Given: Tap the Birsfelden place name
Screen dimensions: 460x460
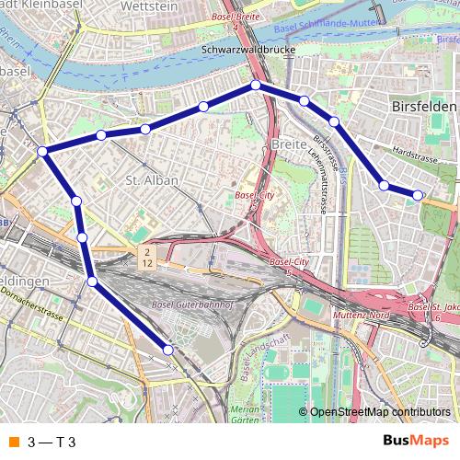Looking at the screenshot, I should (424, 107).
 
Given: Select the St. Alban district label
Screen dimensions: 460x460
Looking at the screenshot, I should (144, 180).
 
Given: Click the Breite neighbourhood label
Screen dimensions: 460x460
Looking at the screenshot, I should (288, 144).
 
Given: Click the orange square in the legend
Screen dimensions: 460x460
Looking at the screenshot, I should (14, 442).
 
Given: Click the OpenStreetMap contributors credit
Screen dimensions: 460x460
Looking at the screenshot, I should (381, 413).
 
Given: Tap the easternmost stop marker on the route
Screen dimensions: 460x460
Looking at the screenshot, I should (418, 194).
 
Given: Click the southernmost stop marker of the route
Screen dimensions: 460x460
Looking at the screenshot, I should (168, 349).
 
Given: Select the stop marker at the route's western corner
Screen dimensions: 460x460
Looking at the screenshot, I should (43, 150).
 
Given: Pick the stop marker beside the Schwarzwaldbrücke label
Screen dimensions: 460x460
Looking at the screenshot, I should (256, 86).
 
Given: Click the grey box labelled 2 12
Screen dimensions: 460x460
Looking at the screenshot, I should (146, 257).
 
